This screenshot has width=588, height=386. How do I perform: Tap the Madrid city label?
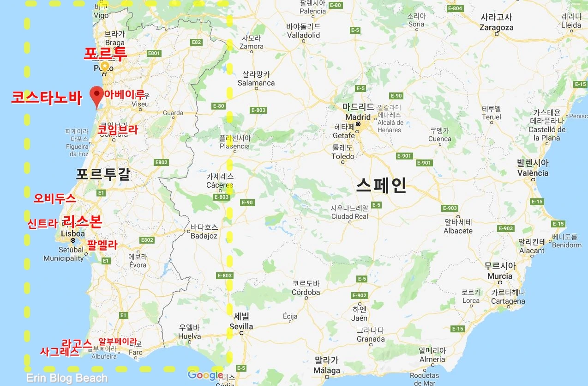pos(358,117)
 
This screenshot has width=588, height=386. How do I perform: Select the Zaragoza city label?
pos(496,27)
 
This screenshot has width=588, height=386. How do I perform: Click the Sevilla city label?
pos(241,326)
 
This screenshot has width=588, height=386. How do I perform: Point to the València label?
pos(533,173)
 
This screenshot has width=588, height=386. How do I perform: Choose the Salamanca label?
pos(256,83)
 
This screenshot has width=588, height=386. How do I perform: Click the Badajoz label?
pos(204,236)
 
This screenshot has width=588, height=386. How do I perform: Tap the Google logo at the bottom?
pos(205,375)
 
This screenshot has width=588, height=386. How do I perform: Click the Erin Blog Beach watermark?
pos(67,378)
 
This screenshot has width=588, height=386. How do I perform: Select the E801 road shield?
pos(154,54)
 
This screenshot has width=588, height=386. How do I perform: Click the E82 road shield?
pos(197,42)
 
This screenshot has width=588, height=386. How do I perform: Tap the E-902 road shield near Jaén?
pos(359,295)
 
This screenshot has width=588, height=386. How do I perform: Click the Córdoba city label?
pos(306,292)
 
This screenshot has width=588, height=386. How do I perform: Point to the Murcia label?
pos(500,276)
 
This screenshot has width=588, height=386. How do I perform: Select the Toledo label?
pos(343,156)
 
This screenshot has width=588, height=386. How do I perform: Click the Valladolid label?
pos(304,35)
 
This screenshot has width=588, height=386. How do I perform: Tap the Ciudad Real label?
pos(349,216)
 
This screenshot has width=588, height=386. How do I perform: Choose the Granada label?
pos(370,339)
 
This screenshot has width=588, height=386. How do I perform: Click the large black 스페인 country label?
pos(381,185)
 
